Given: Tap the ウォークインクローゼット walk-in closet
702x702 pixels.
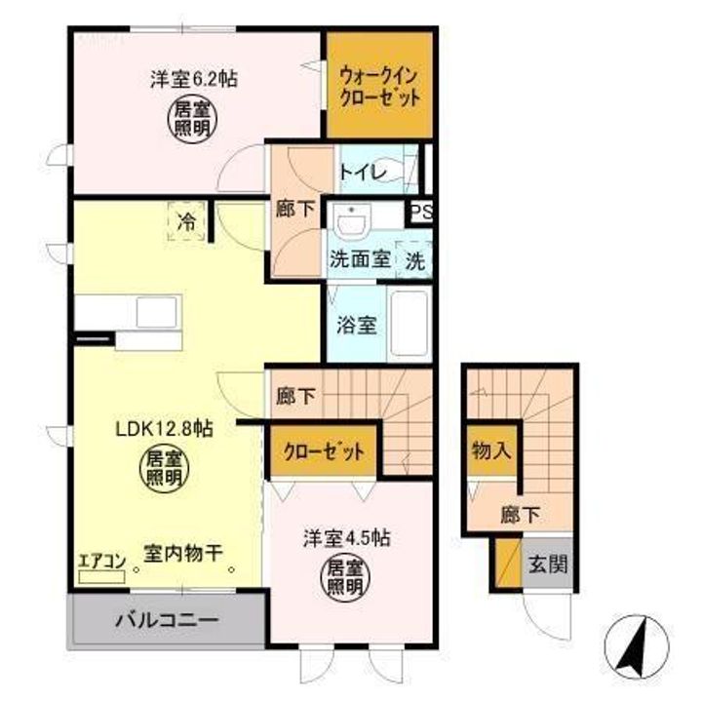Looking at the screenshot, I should [x=380, y=86].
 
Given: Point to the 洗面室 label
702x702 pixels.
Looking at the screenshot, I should [x=360, y=260].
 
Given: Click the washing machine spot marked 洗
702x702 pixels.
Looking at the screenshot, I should [x=415, y=260].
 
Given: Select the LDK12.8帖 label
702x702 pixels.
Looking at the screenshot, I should [x=165, y=427].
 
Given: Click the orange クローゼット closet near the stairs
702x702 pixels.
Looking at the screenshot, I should [x=324, y=452].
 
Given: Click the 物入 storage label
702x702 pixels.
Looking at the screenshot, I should [x=491, y=451].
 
